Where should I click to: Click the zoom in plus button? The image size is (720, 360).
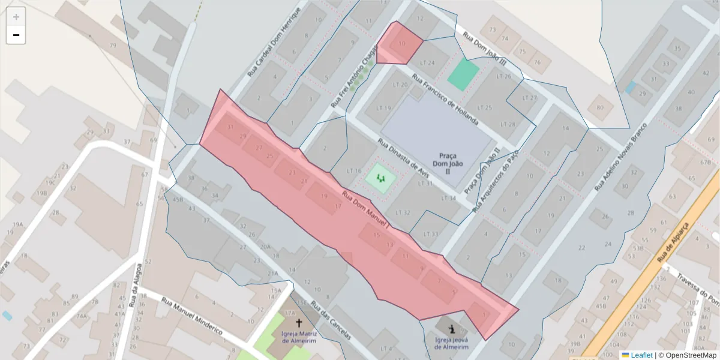[16, 17]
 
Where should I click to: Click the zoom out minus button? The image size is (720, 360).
[16, 35]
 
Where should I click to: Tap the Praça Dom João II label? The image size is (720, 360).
[448, 163]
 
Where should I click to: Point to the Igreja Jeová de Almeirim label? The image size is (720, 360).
[451, 343]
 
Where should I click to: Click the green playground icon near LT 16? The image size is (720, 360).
[380, 178]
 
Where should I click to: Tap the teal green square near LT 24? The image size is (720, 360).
[463, 75]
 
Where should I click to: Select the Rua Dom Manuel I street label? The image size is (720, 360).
[366, 210]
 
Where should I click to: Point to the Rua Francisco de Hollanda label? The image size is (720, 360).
[445, 101]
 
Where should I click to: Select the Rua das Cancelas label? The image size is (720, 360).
[331, 321]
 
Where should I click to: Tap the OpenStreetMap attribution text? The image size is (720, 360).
[688, 355]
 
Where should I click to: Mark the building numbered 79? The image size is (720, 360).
[113, 46]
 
